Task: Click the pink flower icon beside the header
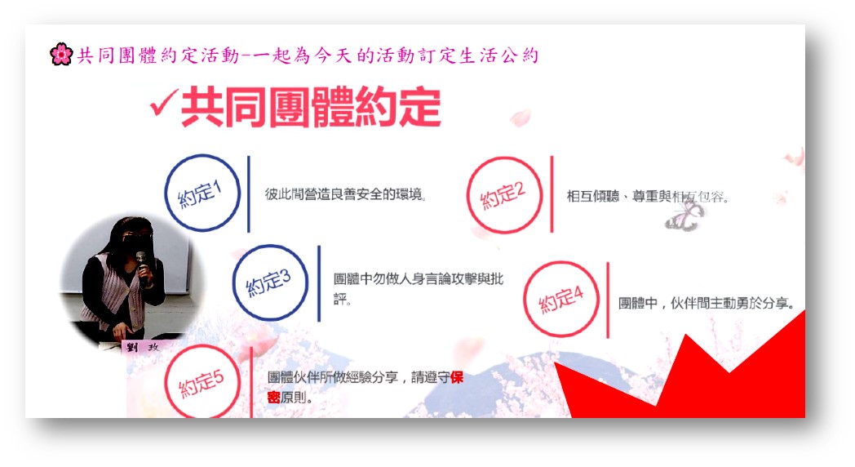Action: pos(61,54)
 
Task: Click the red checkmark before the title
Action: pos(164,103)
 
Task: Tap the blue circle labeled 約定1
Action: pos(203,193)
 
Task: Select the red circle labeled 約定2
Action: pos(505,195)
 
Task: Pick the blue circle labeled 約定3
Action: pos(271,282)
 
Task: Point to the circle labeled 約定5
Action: pos(202,381)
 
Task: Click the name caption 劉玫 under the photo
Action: pos(141,347)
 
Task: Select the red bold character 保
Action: pos(457,377)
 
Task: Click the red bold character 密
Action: pos(274,397)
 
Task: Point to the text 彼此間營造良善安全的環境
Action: pos(344,194)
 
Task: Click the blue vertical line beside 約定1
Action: pos(249,193)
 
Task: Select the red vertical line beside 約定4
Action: pos(608,300)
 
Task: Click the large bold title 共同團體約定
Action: pos(311,108)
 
